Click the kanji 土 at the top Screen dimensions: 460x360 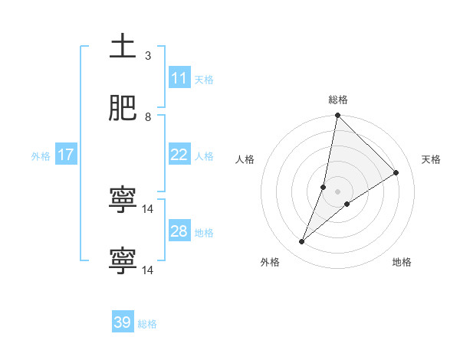pos(123,47)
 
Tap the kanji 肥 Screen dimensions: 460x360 pos(123,110)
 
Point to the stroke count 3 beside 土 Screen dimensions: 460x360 pos(148,56)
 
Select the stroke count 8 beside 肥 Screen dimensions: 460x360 pos(148,117)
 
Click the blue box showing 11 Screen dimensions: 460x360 pos(179,78)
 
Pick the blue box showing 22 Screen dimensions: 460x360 pos(179,155)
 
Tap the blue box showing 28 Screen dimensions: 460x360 pos(179,231)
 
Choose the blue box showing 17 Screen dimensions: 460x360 pos(65,155)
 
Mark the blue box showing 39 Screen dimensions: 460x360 pos(122,322)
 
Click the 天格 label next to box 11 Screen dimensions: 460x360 pos(204,79)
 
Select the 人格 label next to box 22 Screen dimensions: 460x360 pos(204,155)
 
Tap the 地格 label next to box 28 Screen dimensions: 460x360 pos(204,232)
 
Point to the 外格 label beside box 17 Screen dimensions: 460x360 pos(41,155)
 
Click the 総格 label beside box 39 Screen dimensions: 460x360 pos(147,323)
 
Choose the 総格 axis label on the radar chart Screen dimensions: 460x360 pos(338,100)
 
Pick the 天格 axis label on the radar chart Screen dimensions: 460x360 pos(431,159)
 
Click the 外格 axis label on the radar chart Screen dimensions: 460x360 pos(270,262)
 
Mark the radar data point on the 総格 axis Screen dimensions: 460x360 pos(337,116)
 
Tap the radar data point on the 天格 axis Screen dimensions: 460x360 pos(396,173)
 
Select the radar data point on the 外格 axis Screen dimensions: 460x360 pos(302,242)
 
